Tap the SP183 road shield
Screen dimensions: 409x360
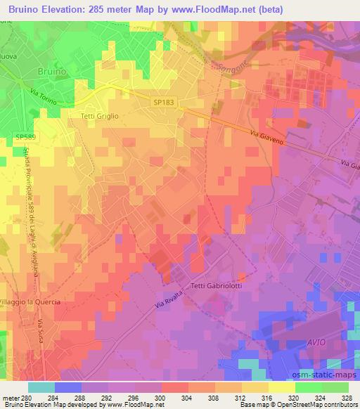(x=162, y=103)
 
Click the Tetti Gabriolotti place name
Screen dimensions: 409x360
(x=216, y=285)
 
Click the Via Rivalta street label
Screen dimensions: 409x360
(x=167, y=304)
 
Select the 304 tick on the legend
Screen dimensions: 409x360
(x=186, y=398)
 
